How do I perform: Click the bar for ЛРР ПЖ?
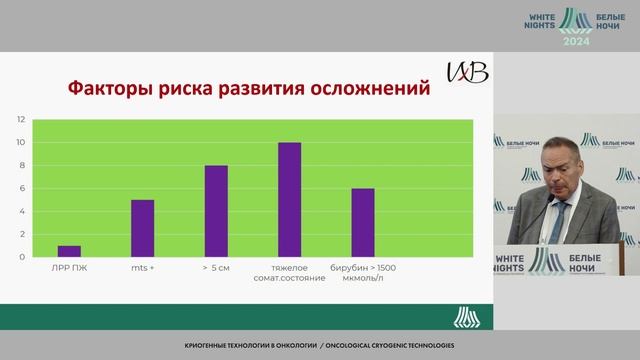(70, 251)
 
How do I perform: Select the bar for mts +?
(143, 228)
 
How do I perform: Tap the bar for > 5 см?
(216, 211)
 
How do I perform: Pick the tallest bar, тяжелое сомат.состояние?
(289, 200)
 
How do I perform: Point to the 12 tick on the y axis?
(20, 119)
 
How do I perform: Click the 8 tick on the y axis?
(21, 165)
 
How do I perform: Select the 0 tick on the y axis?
(21, 257)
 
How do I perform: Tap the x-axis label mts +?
(143, 268)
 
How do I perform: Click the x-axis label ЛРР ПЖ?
(70, 268)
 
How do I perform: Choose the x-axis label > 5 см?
(216, 268)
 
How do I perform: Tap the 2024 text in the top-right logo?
(576, 43)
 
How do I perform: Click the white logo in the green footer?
(465, 317)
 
